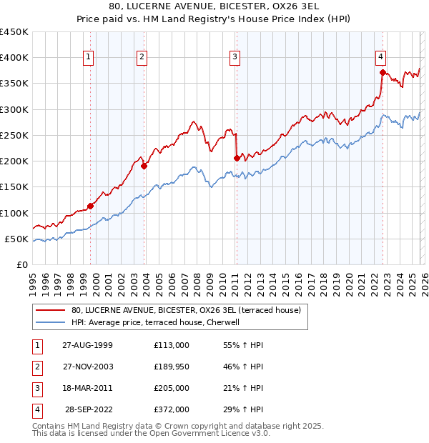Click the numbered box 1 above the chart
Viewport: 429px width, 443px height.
88,58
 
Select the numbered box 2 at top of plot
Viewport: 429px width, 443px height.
142,58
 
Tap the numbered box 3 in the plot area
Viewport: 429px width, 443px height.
235,58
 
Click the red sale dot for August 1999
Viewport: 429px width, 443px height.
91,206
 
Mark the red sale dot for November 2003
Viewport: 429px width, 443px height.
144,166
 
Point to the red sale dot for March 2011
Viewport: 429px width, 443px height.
237,159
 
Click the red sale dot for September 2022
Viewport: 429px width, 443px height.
383,72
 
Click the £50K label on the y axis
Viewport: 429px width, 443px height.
17,239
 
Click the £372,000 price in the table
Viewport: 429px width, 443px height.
172,409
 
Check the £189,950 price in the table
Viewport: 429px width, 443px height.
172,367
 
